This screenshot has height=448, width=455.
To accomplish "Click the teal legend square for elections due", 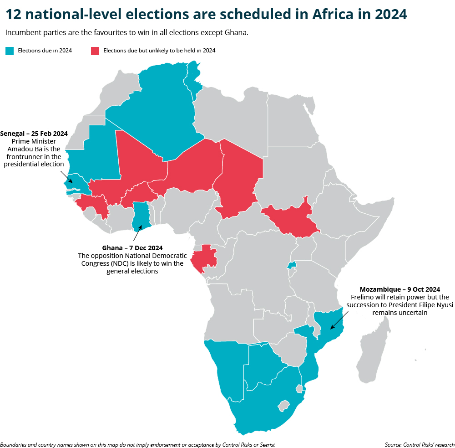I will [10, 51].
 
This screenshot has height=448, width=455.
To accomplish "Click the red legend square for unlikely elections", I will [95, 51].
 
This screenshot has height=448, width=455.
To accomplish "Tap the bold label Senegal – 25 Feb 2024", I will [34, 134].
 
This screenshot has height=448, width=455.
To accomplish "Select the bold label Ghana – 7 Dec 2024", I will [132, 248].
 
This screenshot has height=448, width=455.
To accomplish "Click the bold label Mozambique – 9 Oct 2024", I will [400, 289].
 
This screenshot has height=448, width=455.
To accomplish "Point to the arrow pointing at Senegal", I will [67, 176].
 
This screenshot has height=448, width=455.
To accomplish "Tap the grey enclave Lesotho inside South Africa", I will [284, 405].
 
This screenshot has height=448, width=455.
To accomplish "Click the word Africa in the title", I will [333, 14].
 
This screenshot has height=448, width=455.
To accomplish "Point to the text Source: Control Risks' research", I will [419, 444].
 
